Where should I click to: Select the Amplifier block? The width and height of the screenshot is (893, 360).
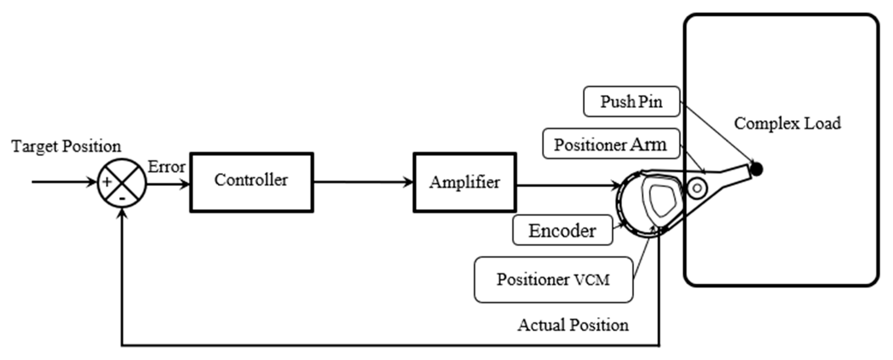[465, 182]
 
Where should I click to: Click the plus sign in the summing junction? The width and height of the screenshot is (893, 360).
[107, 182]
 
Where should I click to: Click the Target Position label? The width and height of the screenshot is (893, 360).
[66, 146]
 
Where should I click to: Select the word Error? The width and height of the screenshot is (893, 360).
[166, 167]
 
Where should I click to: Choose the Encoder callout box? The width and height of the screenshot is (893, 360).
[562, 230]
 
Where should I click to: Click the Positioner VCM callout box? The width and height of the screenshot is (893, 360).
[553, 280]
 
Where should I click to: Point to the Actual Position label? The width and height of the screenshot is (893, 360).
[573, 325]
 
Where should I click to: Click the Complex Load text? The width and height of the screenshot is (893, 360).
[787, 123]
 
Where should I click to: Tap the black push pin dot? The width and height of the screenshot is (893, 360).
[757, 169]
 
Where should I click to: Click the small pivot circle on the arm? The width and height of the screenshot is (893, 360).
[697, 188]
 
